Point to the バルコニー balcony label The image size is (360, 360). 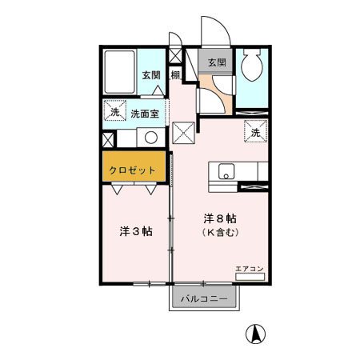tap(203, 298)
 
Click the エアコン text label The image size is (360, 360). tap(249, 268)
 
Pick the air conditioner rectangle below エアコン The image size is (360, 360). tap(249, 277)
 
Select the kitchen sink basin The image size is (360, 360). tap(223, 171)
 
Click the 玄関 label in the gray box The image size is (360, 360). tap(216, 62)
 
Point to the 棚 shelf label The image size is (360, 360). tap(174, 76)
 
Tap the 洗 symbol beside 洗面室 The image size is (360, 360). tap(115, 113)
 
